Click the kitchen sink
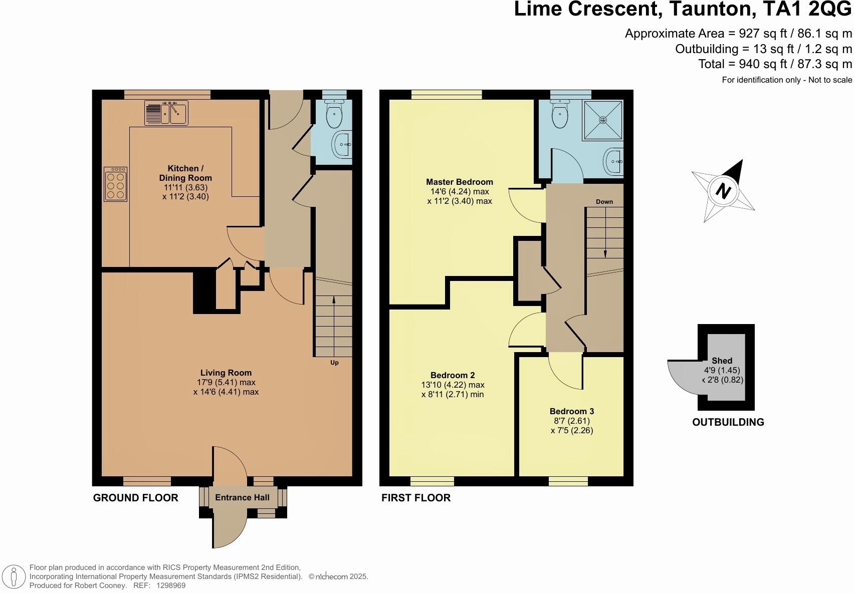[166, 112]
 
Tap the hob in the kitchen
[115, 184]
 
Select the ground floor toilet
[334, 114]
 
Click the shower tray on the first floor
[603, 120]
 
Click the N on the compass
[723, 190]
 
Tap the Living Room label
[226, 373]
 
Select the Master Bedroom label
[460, 182]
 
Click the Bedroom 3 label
[572, 411]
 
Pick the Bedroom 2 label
[453, 376]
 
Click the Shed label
[722, 361]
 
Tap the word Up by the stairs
[334, 363]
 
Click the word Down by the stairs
[604, 202]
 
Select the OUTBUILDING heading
[728, 422]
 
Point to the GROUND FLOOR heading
[136, 498]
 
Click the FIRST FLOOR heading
[416, 498]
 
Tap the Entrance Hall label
[242, 497]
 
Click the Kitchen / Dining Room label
[185, 173]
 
